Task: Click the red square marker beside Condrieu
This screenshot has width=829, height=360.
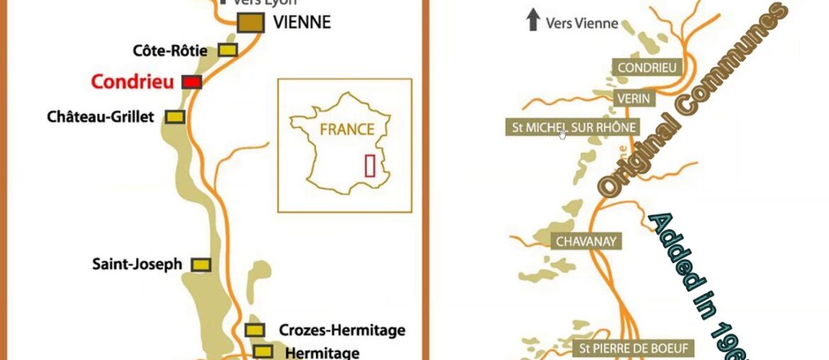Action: (191, 82)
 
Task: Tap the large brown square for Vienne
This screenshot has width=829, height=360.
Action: (251, 23)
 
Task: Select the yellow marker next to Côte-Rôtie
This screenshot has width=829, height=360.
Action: (227, 50)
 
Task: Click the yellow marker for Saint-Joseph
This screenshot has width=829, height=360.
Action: (202, 264)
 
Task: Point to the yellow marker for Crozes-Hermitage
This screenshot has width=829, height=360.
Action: (255, 330)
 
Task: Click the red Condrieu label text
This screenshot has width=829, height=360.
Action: (132, 82)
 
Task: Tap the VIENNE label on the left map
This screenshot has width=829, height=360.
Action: (302, 23)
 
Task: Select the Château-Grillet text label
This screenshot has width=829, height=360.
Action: (100, 117)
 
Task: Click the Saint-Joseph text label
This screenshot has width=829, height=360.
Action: (137, 264)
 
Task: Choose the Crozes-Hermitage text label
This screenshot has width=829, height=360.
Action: (342, 330)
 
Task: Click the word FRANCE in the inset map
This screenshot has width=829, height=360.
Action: (346, 130)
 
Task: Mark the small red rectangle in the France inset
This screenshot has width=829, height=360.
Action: (370, 165)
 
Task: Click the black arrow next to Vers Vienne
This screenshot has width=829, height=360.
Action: (533, 21)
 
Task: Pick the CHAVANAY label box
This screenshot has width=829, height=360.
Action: (587, 242)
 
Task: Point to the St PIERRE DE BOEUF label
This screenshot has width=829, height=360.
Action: (634, 349)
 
